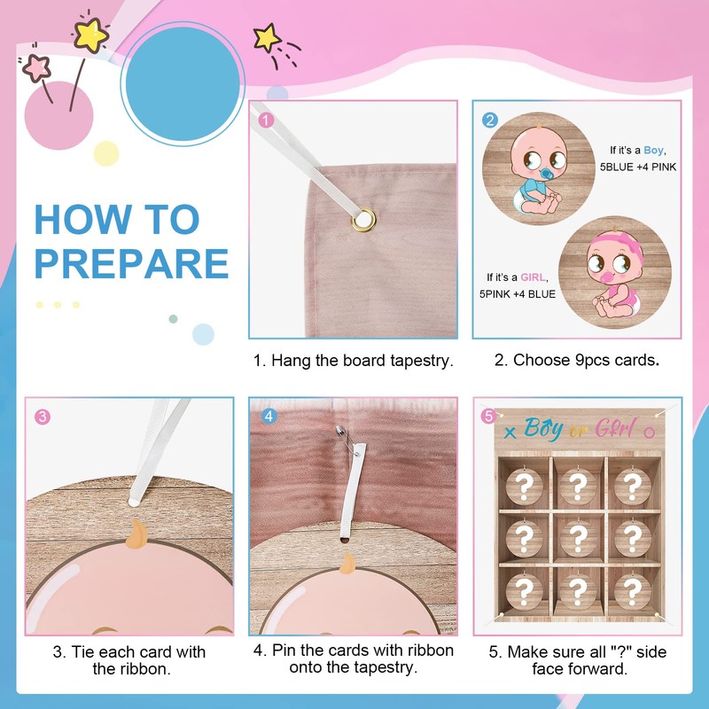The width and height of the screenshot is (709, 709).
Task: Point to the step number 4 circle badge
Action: point(267,416)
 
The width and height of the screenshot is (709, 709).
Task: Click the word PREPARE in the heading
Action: point(131,263)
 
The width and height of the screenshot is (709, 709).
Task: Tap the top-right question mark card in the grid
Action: point(631,485)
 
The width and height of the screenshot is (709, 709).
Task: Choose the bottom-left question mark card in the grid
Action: point(525,588)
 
